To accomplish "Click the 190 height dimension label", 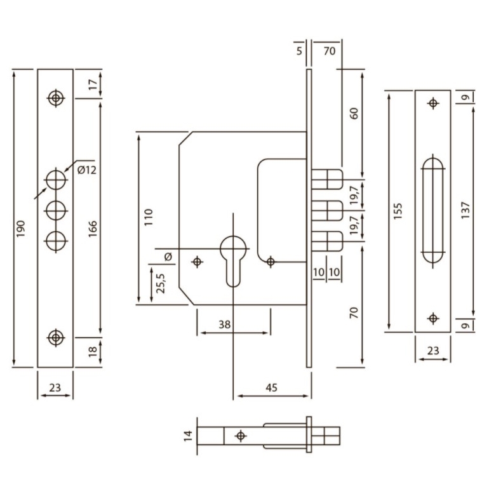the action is tap(20, 229).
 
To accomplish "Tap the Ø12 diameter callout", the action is tap(87, 170).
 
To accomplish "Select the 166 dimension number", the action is tap(93, 229).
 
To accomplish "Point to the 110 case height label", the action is tap(149, 217).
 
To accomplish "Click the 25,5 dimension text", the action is tap(161, 283).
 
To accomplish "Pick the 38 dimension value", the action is tap(225, 325).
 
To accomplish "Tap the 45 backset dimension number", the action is tap(271, 387).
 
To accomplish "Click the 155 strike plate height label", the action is tap(398, 211).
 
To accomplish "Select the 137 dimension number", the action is tap(465, 210).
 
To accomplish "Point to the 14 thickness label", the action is tap(189, 436).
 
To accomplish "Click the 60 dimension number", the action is tap(354, 113).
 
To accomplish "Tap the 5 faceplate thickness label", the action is tap(299, 51).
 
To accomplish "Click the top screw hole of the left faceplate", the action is tap(56, 98).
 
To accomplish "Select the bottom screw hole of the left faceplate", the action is tap(56, 337).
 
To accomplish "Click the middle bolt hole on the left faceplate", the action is tap(56, 211).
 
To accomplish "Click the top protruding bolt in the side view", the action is tap(327, 179).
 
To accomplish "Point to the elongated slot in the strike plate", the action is tap(433, 211).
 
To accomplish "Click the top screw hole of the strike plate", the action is tap(433, 103).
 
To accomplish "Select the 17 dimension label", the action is tap(93, 84).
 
